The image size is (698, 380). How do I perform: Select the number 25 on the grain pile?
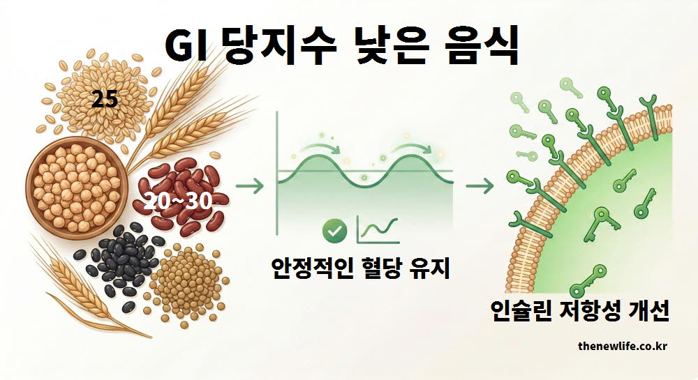105,100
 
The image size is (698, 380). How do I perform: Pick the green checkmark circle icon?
336,229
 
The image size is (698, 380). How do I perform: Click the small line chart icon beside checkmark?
374,230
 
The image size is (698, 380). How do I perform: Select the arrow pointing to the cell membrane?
481,186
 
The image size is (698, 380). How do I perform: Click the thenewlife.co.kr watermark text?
623,345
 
